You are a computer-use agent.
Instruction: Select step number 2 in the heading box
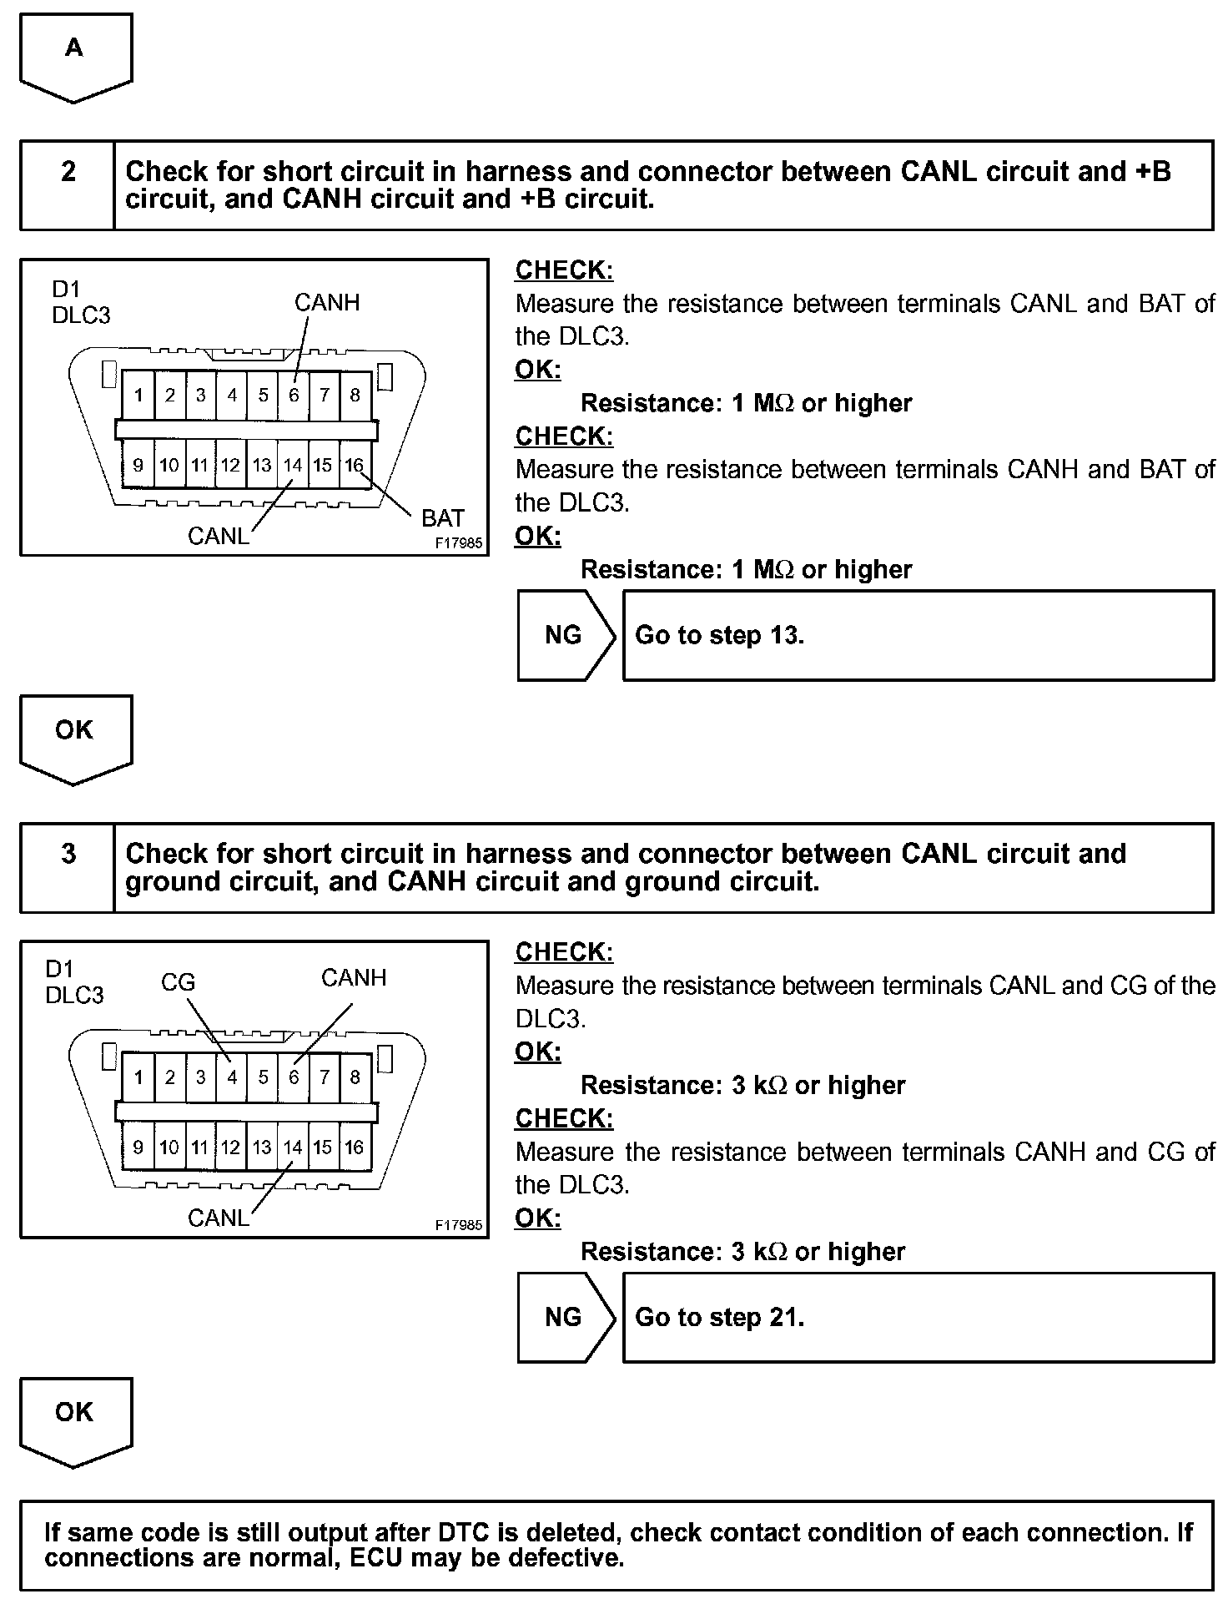pos(68,172)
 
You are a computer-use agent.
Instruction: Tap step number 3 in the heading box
pos(68,854)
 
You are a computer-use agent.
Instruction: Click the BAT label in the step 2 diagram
pos(442,518)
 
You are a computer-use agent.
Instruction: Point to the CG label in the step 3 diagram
pos(178,982)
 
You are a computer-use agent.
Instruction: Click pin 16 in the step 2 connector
pos(355,465)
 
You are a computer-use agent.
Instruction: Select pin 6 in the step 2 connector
pos(294,395)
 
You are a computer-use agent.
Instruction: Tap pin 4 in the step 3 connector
pos(232,1077)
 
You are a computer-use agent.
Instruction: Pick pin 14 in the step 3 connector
pos(292,1147)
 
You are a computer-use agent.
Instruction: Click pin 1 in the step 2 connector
pos(138,395)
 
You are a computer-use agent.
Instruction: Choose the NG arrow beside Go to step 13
pos(565,636)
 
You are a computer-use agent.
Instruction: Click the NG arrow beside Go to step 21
pos(565,1318)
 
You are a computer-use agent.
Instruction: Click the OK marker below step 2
pos(74,731)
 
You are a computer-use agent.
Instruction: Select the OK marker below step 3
pos(74,1413)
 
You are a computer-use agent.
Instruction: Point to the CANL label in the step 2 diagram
pos(218,536)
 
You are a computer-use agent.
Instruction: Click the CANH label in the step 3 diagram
pos(354,977)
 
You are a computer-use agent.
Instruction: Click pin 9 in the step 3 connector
pos(138,1147)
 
